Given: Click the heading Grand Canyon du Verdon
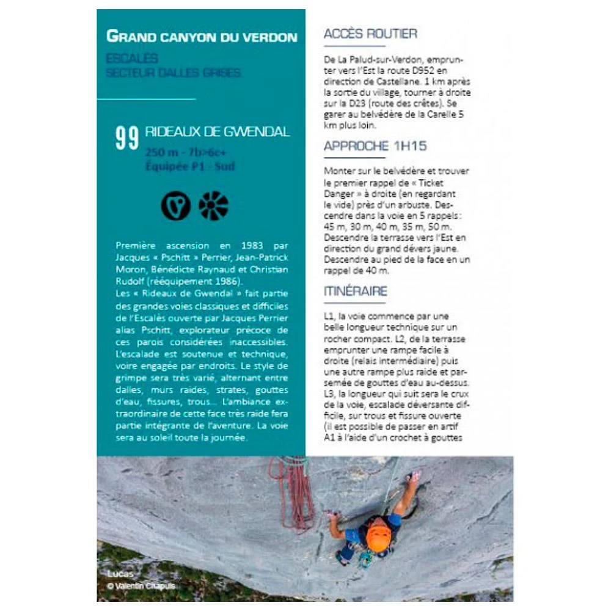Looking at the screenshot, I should pyautogui.click(x=202, y=36).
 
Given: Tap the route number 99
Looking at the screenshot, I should pyautogui.click(x=127, y=139).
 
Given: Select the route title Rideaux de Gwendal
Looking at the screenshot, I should pyautogui.click(x=218, y=132).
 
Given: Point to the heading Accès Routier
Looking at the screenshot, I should pyautogui.click(x=370, y=34).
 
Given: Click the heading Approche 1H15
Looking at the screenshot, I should pyautogui.click(x=375, y=146).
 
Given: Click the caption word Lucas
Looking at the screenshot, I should pyautogui.click(x=119, y=574).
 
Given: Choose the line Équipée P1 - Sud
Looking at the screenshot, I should pyautogui.click(x=190, y=166).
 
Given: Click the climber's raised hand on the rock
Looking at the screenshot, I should pyautogui.click(x=415, y=475).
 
